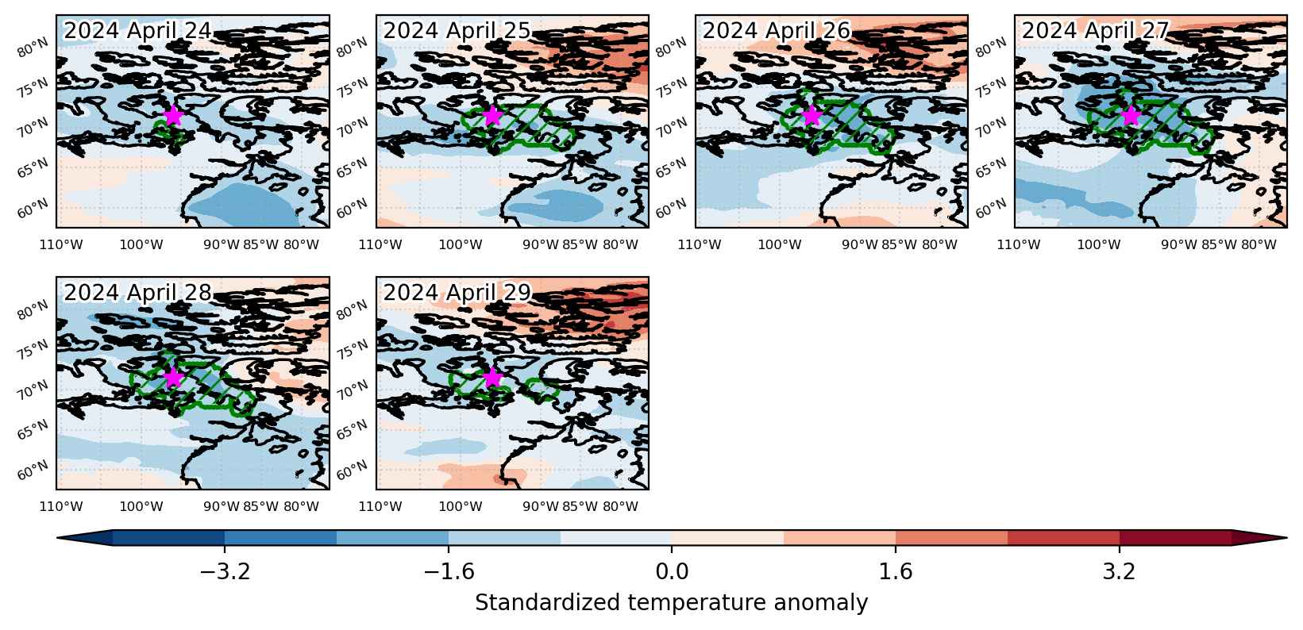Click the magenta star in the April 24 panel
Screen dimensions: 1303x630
pos(173,116)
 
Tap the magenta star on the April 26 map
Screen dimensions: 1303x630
pos(811,116)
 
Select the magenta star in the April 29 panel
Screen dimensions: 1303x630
pos(492,378)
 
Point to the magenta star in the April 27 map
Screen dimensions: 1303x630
pos(1131,116)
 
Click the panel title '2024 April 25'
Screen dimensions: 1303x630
pos(457,31)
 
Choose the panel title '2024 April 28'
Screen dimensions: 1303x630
pos(137,292)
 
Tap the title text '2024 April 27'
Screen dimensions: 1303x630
pos(1095,31)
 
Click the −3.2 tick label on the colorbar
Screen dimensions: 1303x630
pos(225,572)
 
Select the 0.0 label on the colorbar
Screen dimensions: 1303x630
pos(672,572)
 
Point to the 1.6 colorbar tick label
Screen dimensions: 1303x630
pos(895,572)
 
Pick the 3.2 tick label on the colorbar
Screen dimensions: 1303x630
pos(1120,572)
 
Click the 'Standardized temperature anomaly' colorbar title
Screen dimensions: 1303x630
pos(671,603)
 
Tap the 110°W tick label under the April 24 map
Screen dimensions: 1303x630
pos(61,244)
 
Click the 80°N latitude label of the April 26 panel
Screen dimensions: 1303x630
pos(672,48)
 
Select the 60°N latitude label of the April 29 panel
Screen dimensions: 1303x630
pos(353,470)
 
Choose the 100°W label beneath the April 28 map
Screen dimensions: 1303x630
pos(141,507)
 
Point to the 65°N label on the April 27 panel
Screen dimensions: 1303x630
pos(991,167)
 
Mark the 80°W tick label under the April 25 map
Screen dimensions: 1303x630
pos(621,244)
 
